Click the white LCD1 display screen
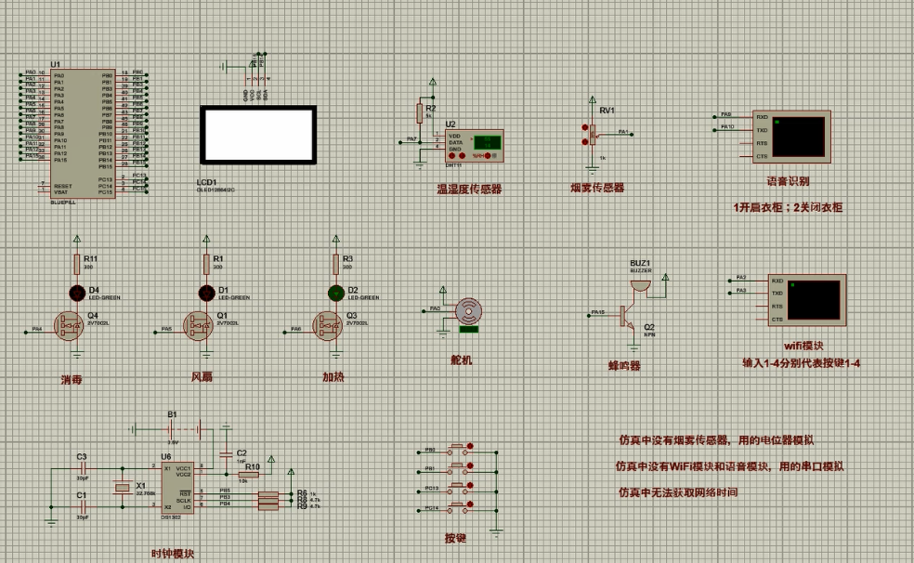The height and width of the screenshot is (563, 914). [x=259, y=134]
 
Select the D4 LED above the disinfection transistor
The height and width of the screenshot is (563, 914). [x=77, y=294]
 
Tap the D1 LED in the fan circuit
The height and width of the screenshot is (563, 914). [x=206, y=294]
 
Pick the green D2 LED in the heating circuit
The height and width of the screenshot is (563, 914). [x=335, y=294]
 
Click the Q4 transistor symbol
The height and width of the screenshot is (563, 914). [x=71, y=328]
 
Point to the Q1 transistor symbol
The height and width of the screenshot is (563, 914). [x=200, y=328]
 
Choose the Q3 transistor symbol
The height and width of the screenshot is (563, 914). [x=329, y=328]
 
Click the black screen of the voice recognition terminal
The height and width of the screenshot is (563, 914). [x=799, y=136]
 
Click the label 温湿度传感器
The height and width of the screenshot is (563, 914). [x=469, y=189]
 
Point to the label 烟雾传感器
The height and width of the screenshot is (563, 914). [x=597, y=188]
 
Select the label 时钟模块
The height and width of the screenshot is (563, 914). [x=173, y=554]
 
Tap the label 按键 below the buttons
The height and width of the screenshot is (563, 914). [x=456, y=538]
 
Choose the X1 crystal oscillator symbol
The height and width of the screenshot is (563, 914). [x=119, y=489]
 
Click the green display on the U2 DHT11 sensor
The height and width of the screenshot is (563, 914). [x=486, y=142]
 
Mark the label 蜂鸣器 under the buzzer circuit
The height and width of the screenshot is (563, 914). [x=624, y=366]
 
